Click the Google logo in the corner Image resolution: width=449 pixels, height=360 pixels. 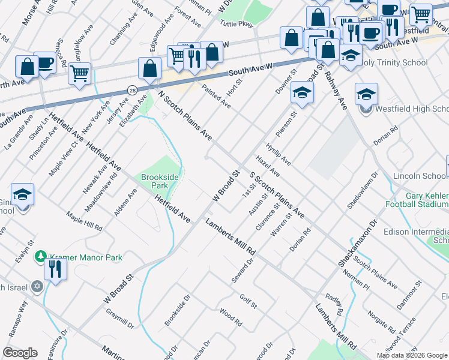(20, 352)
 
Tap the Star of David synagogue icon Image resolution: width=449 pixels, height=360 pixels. (37, 287)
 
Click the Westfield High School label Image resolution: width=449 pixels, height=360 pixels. (411, 109)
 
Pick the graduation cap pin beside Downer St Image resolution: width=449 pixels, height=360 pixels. (303, 93)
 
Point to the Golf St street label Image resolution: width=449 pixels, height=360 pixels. (248, 301)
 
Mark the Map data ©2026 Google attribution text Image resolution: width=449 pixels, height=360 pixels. (412, 355)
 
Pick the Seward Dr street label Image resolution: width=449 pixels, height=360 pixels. (243, 272)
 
